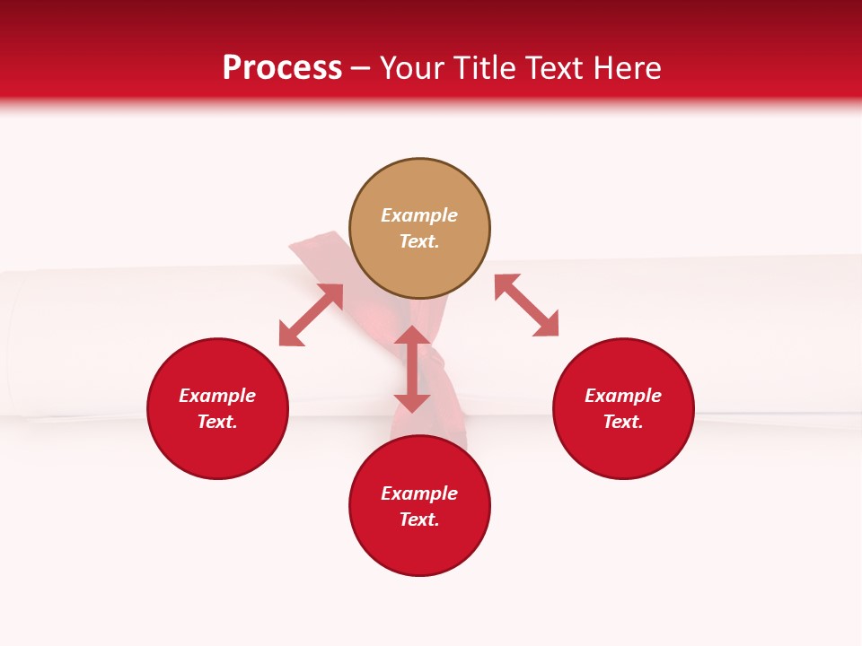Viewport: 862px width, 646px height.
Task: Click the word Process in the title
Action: click(282, 68)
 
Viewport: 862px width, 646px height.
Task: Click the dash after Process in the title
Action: click(360, 69)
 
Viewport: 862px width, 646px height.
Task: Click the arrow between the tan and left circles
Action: click(311, 315)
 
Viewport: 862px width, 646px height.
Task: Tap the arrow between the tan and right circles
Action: click(526, 305)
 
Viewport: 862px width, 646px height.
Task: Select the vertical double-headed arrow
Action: click(412, 369)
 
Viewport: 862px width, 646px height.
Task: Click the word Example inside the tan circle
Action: click(419, 215)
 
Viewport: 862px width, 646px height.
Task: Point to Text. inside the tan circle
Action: click(419, 241)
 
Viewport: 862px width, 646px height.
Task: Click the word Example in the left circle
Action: click(217, 396)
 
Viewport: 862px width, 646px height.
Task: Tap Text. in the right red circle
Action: click(623, 422)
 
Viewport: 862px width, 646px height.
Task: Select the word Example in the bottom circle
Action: click(419, 493)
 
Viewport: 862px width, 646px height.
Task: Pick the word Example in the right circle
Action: click(623, 396)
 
